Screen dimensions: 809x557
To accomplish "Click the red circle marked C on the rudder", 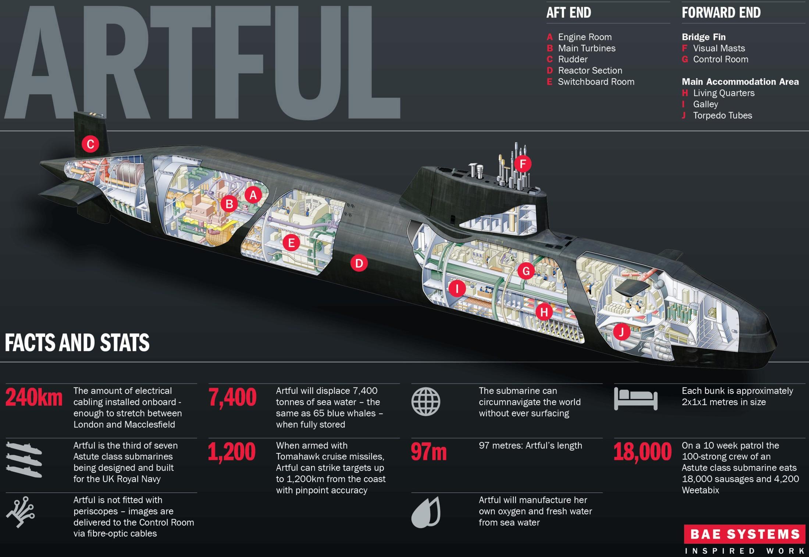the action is [90, 144].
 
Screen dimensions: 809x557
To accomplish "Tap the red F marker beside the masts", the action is [523, 164].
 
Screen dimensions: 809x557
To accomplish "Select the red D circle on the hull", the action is [359, 263].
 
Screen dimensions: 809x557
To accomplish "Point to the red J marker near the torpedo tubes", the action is [621, 332].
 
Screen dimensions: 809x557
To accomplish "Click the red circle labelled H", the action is [544, 312].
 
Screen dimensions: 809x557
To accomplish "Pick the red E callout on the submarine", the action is [291, 243].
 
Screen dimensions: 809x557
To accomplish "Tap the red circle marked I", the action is [457, 288].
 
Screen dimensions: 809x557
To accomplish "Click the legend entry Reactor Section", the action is [590, 71].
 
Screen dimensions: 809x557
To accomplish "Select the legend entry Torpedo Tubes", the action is [723, 115].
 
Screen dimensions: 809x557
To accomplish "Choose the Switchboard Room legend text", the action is [596, 82].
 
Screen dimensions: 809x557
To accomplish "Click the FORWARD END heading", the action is [721, 13].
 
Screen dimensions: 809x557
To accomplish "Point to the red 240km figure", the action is [34, 398].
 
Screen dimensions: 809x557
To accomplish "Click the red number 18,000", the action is [642, 452].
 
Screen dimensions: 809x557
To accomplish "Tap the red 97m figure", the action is [429, 452].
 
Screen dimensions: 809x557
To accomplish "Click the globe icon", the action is [426, 402].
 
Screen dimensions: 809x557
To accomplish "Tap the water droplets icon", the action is [426, 513].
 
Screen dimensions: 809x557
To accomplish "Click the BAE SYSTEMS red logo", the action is [745, 534].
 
